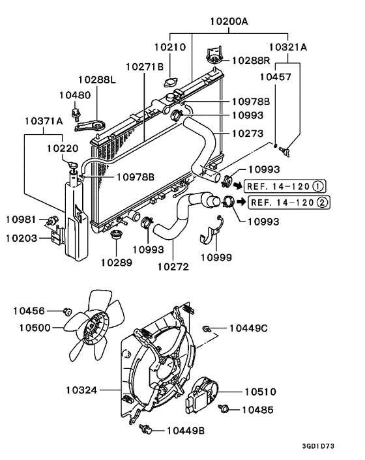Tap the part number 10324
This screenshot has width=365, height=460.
pos(81,390)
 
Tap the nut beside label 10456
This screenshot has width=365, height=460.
pos(66,311)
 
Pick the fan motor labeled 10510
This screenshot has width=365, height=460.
pos(204,394)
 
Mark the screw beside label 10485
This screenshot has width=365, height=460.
pos(225,409)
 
